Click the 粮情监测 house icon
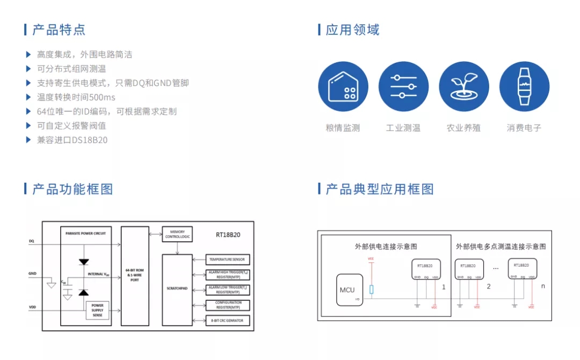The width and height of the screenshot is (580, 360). point(343,87)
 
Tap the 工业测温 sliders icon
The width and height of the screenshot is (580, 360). point(403,87)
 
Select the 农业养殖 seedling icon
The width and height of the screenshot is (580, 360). point(463,87)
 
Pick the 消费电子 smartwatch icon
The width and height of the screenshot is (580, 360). point(524,87)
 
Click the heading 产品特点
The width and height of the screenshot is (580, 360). point(59,30)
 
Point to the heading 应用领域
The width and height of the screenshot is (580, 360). point(353,30)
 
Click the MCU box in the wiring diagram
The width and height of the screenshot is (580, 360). point(347,290)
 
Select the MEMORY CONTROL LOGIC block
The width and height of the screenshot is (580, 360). point(177,234)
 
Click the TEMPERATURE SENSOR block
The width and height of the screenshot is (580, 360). point(227,260)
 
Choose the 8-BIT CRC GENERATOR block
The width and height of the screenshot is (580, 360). point(227,320)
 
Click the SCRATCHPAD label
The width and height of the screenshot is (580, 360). point(177,288)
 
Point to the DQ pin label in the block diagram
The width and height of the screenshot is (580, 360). point(32,242)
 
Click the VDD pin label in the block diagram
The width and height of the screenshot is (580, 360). point(33,307)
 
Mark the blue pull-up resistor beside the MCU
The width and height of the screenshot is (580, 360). point(371,290)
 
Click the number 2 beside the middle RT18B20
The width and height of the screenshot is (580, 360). point(489,286)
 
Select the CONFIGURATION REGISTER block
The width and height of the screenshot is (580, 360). point(227,305)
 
